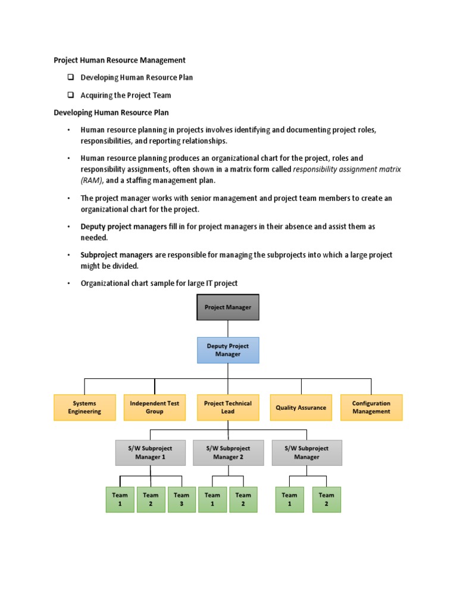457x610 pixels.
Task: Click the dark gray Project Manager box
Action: tap(228, 307)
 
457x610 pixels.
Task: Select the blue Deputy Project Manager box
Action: tap(228, 350)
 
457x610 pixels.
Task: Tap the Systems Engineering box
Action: tap(84, 407)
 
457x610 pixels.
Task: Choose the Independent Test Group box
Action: tap(155, 407)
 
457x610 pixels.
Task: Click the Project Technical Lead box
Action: tap(228, 407)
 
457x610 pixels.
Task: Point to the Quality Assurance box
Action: tap(301, 407)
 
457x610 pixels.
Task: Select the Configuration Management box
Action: tap(371, 407)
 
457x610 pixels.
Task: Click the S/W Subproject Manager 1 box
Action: tap(150, 453)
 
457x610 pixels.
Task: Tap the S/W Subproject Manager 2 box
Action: tap(228, 453)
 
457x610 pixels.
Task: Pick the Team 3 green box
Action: tap(181, 499)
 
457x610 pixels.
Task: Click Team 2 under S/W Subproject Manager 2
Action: tap(243, 499)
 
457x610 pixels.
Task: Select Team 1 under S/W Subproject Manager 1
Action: tap(120, 499)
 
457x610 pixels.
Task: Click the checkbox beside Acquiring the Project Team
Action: tap(70, 95)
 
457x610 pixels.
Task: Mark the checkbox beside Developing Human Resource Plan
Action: tap(70, 77)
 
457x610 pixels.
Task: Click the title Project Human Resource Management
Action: tap(120, 60)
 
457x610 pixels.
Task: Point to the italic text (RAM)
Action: tap(92, 180)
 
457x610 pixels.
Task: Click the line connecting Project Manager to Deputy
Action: tap(228, 329)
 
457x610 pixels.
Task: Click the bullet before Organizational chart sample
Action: tap(69, 284)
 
